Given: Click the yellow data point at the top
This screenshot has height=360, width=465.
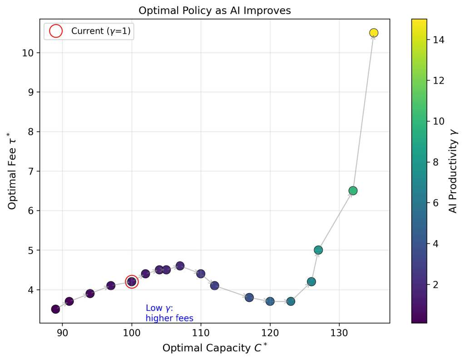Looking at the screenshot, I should [x=374, y=33].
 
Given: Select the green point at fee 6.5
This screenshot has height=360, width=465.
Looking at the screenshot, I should [x=353, y=190].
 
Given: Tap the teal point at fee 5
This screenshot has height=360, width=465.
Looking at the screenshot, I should [x=318, y=250].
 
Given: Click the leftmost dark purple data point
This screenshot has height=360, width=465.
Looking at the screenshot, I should [x=55, y=309].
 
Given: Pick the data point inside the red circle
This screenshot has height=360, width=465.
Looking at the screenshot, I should [x=132, y=282].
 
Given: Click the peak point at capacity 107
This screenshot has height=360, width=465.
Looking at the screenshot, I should [x=180, y=266].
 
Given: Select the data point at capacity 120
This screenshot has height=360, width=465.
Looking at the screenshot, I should [x=270, y=301].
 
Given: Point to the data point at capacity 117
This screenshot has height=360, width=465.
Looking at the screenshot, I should [x=249, y=297].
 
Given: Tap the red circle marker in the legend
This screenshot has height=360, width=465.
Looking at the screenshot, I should [x=55, y=31].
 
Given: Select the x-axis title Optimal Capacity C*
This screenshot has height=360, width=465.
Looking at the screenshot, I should [x=215, y=348].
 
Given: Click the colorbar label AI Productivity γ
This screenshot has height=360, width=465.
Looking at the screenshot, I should [x=453, y=171].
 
